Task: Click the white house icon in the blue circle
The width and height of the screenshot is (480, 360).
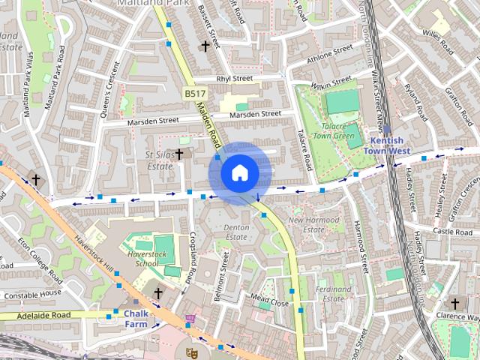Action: pos(239,173)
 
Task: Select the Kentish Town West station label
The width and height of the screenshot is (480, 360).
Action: pos(387,145)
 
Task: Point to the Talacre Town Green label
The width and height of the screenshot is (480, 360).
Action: pos(333,131)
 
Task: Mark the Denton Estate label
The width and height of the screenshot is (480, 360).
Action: pos(236,232)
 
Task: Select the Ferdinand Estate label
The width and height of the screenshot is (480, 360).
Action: pos(334,293)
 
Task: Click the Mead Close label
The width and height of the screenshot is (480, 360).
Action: pos(269,301)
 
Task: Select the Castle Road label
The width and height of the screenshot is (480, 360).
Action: pos(452,232)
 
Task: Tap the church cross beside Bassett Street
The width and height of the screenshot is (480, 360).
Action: pos(205,46)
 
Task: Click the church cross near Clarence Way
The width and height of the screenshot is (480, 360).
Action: pos(454,304)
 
